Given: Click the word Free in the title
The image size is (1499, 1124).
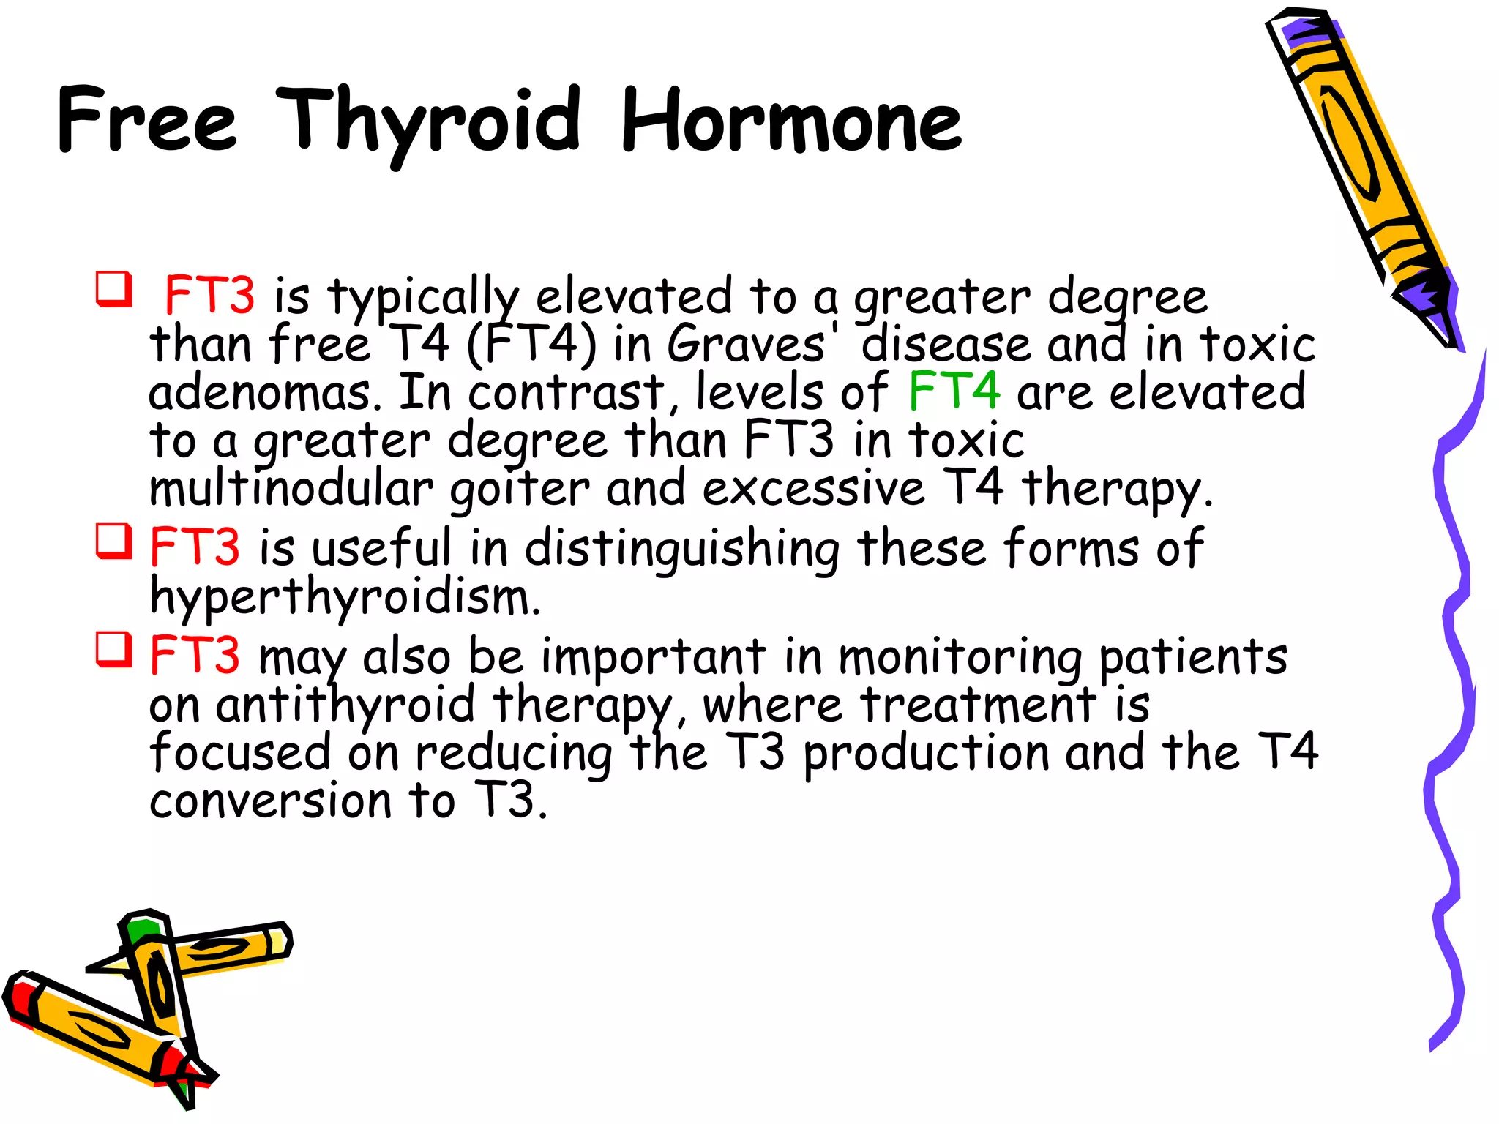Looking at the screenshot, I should [x=146, y=120].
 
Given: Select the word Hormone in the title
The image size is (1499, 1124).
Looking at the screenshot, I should [x=790, y=121].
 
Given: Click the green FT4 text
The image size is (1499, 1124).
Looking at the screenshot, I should [x=954, y=391].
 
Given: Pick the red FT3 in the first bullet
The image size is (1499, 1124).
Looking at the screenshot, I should [x=210, y=296].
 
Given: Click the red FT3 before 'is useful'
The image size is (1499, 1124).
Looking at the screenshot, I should [x=195, y=547].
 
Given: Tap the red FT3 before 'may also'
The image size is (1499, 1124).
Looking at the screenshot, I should [x=195, y=656].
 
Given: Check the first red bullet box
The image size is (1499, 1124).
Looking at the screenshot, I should [x=114, y=288].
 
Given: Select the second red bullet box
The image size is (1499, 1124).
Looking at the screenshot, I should [x=114, y=542].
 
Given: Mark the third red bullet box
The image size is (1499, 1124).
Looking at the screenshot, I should [x=114, y=649].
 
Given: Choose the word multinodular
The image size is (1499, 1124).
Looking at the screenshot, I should [x=291, y=489].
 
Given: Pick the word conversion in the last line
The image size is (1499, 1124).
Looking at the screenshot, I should [x=271, y=801].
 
